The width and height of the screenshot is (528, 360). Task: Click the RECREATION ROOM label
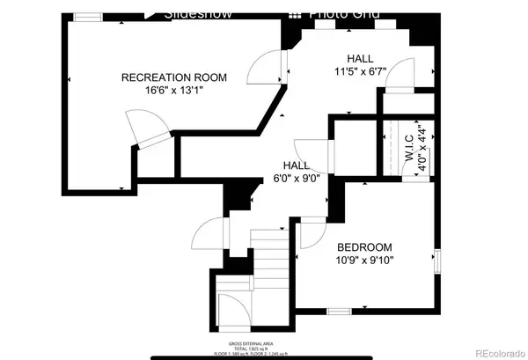[173, 78]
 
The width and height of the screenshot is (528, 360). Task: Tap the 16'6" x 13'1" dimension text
[173, 92]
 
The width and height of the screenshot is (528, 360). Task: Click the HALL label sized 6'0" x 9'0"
[296, 165]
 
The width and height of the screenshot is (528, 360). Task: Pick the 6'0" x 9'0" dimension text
[296, 178]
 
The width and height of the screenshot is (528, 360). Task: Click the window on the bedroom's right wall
[436, 262]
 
